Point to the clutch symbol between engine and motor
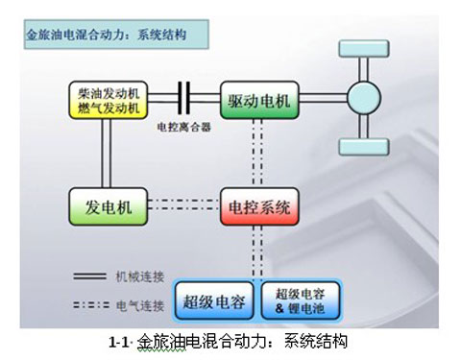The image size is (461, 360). [x=182, y=99]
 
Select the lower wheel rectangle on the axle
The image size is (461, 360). [x=364, y=147]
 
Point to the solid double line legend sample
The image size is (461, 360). [x=92, y=276]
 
